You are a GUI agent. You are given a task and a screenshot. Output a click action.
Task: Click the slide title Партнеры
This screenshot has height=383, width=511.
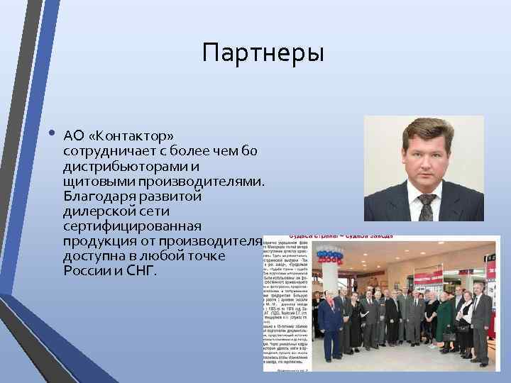coord(263,53)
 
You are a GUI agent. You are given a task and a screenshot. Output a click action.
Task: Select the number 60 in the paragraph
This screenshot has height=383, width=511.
coord(256,150)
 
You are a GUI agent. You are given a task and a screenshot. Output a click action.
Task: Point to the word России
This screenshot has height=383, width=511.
coord(84,271)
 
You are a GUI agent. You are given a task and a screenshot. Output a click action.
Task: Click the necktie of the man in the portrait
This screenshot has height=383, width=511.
coord(425,206)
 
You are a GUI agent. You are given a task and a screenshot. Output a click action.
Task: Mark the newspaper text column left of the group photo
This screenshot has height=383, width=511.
coord(285,305)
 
